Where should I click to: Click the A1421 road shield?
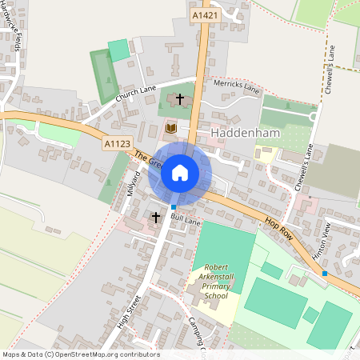click(x=203, y=15)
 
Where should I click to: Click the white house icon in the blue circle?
click(x=180, y=172)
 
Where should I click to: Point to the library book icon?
click(x=170, y=128)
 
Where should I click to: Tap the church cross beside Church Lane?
click(x=180, y=99)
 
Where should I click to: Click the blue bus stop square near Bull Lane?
click(x=174, y=207)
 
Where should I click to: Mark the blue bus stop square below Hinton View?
click(x=325, y=274)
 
